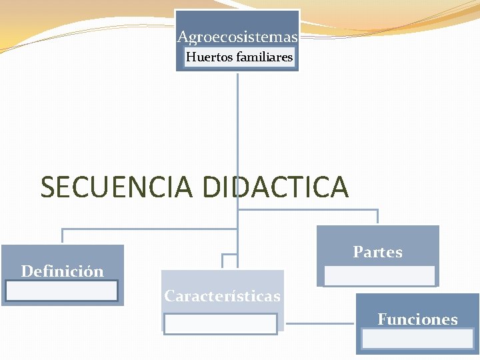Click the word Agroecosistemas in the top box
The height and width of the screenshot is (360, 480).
coord(237,37)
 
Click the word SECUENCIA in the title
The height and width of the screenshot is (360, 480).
coord(117,187)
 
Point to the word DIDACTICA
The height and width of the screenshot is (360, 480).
coord(275,187)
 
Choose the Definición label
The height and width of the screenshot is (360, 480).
coord(62,271)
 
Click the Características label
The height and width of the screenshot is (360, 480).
coord(222,296)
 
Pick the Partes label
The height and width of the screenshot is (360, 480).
coord(377,252)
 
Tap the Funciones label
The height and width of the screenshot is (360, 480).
coord(417,319)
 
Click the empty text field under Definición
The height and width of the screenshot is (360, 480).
coord(61,291)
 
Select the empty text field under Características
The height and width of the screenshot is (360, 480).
coord(221,323)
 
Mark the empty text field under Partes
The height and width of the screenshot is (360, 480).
coord(380,275)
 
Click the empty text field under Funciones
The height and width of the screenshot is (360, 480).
coord(417,338)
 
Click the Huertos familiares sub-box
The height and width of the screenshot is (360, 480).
coord(239,58)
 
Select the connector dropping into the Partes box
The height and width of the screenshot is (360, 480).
coord(377,217)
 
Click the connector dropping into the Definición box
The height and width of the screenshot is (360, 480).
coord(62,235)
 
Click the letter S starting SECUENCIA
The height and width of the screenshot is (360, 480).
coord(48,187)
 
